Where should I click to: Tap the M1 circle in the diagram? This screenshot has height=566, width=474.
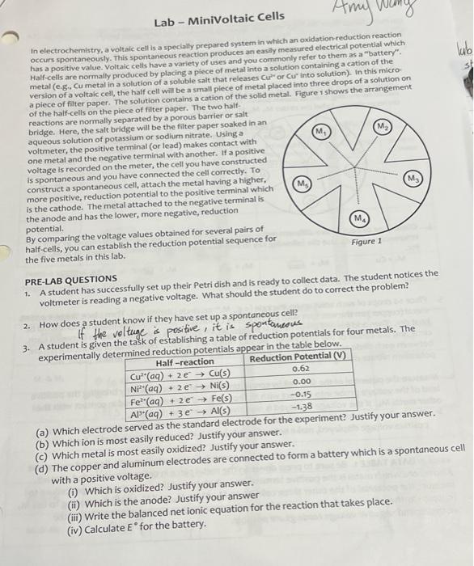tap(321, 131)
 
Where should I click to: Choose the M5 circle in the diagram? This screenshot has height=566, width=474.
tap(300, 185)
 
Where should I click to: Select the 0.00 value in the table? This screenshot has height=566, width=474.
tap(301, 382)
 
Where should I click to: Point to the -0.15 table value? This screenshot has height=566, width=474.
tap(301, 395)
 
